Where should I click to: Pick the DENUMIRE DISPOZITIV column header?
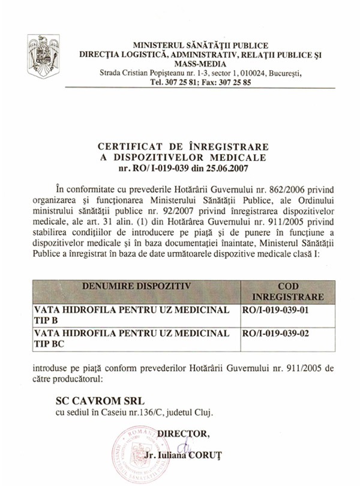click(135, 286)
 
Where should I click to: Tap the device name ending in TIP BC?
click(132, 338)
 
